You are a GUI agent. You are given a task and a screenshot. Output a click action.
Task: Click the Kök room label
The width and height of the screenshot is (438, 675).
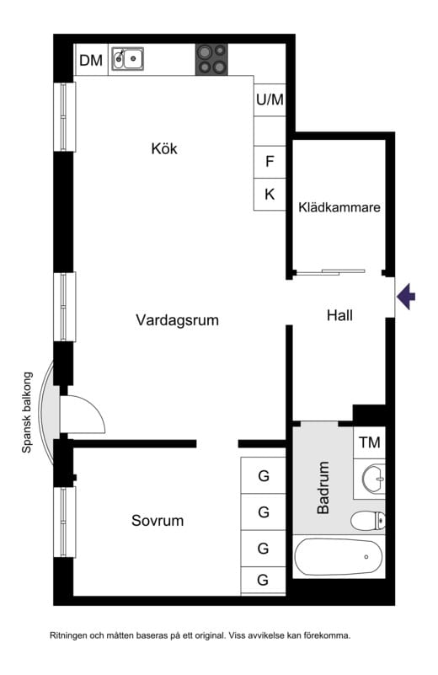pyautogui.click(x=165, y=149)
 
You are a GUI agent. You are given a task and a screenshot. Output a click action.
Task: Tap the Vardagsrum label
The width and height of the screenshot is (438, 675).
pyautogui.click(x=177, y=320)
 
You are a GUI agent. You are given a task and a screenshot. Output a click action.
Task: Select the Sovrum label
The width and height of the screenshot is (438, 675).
pyautogui.click(x=157, y=521)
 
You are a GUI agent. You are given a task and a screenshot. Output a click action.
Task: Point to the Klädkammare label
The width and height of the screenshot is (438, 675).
pyautogui.click(x=339, y=208)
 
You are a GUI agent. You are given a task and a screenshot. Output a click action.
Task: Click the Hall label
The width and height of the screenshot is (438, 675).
pyautogui.click(x=339, y=316)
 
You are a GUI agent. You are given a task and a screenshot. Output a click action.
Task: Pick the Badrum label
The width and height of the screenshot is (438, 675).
pyautogui.click(x=323, y=488)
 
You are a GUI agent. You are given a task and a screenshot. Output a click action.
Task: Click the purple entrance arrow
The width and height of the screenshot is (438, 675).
pyautogui.click(x=407, y=297)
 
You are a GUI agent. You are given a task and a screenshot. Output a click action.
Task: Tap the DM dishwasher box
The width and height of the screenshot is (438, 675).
pyautogui.click(x=90, y=60)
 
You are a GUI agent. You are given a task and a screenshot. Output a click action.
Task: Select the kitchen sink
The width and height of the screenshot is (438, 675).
pyautogui.click(x=128, y=59)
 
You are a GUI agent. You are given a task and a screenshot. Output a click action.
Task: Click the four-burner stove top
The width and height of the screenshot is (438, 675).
pyautogui.click(x=212, y=60)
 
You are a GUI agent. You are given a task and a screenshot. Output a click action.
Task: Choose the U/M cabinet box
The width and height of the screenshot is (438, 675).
pyautogui.click(x=270, y=100)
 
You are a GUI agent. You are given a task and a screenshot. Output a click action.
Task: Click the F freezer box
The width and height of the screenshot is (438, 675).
pyautogui.click(x=270, y=161)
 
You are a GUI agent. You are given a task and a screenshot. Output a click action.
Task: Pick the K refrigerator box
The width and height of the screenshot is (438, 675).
pyautogui.click(x=270, y=194)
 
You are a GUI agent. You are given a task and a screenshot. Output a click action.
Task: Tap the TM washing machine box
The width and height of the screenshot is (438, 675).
pyautogui.click(x=369, y=442)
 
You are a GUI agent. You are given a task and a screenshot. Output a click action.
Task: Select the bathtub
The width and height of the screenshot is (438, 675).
pyautogui.click(x=337, y=557)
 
